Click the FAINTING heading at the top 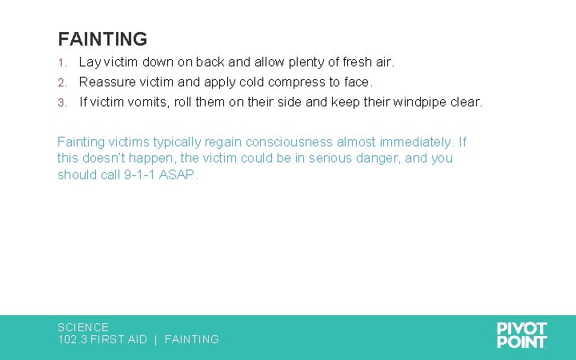(102, 39)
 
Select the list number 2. (61, 82)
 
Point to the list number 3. (61, 103)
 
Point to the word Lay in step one (89, 62)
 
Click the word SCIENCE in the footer (83, 327)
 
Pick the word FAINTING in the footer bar (192, 339)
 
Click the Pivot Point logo (522, 334)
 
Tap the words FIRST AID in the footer (118, 339)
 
